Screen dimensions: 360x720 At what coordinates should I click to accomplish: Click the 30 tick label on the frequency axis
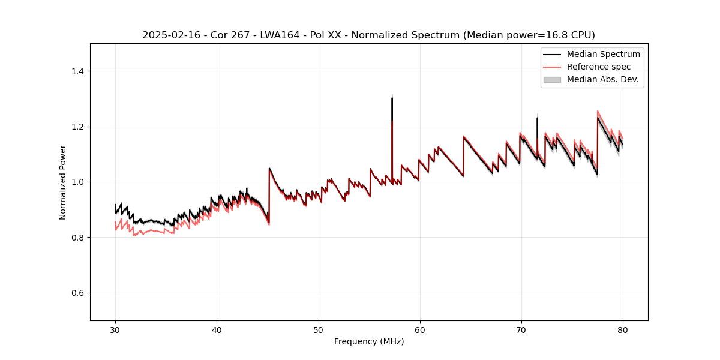[x=115, y=329]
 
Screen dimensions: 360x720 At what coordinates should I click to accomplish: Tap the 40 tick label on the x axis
[x=217, y=329]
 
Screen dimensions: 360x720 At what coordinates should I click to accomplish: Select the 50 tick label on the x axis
[x=318, y=329]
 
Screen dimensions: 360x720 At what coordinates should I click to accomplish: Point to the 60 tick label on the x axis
[x=420, y=329]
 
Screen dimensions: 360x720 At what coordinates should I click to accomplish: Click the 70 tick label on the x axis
[x=521, y=329]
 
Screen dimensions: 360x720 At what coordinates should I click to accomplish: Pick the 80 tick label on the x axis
[x=623, y=329]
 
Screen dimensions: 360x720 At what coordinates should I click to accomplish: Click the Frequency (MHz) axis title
[x=369, y=341]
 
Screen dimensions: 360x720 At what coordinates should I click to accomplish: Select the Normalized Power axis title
[x=63, y=182]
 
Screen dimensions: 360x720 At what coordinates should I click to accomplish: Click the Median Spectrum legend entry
[x=603, y=54]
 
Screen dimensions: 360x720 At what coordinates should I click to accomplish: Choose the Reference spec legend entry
[x=598, y=67]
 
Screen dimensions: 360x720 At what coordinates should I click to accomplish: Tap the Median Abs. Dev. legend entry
[x=602, y=79]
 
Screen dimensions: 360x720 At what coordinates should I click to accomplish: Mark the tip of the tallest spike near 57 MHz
[x=392, y=98]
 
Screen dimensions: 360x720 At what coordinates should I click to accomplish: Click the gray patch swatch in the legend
[x=552, y=79]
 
